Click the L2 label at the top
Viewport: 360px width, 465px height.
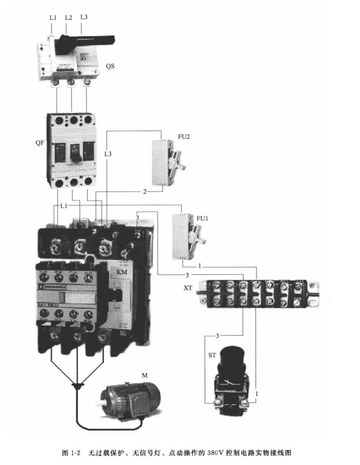(67, 18)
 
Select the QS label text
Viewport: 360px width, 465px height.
(110, 66)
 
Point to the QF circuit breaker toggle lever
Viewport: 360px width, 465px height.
(76, 155)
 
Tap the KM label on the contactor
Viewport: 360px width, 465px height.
(122, 273)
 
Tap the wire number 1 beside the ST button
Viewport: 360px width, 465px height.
(257, 393)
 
